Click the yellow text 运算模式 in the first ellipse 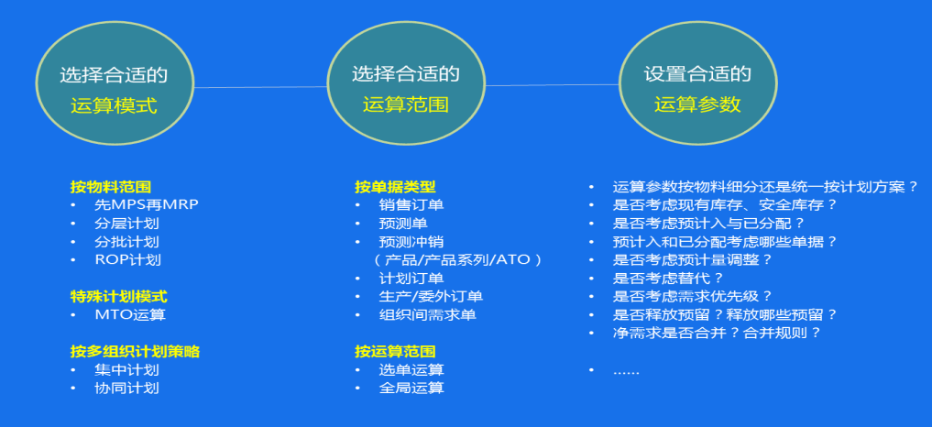(x=114, y=106)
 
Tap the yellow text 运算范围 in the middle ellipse (x=406, y=104)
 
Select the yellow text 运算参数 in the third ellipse (x=697, y=104)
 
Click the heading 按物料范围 (x=111, y=187)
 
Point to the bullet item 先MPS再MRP (x=147, y=204)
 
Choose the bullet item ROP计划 (x=127, y=260)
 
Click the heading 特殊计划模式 (x=119, y=297)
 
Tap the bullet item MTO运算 (x=130, y=314)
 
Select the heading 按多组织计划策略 (x=135, y=352)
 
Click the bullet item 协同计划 (x=126, y=389)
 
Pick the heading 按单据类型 (x=395, y=187)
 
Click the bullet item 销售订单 (x=411, y=205)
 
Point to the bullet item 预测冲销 (x=411, y=242)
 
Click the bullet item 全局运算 (x=411, y=389)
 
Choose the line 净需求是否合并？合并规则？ (x=718, y=333)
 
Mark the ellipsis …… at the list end (x=626, y=372)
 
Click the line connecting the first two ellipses (x=260, y=87)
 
